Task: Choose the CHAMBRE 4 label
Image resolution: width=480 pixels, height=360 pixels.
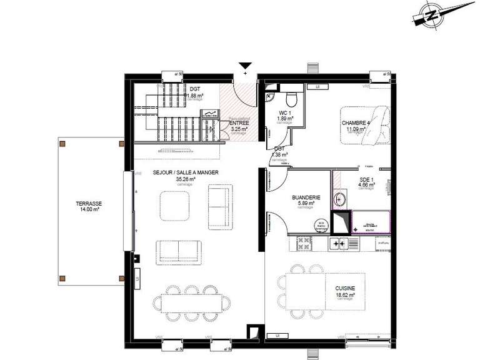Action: (x=356, y=123)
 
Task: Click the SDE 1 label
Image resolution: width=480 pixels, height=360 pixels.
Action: (x=366, y=179)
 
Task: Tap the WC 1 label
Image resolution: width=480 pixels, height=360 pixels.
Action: (x=286, y=112)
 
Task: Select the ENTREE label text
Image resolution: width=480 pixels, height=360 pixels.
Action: (x=239, y=123)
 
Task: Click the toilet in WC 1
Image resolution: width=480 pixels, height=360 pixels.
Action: (x=291, y=99)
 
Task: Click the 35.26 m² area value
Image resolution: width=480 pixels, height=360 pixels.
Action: (x=186, y=179)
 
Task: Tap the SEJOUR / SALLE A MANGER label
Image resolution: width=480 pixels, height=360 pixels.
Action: (x=186, y=172)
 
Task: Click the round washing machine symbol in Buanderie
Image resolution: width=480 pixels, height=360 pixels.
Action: (x=321, y=224)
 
